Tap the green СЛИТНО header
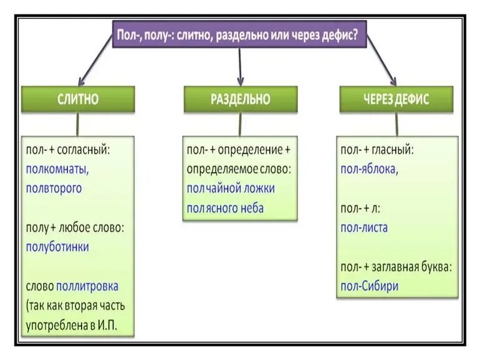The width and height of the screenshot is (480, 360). [78, 99]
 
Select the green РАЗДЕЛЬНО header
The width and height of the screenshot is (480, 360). [240, 99]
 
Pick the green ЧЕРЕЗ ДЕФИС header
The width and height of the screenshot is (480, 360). [396, 99]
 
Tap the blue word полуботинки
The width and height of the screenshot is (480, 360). [57, 246]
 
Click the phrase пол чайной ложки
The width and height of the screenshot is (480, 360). [231, 188]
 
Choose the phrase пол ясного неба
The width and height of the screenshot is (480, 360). [225, 208]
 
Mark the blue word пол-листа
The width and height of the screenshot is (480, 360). [364, 228]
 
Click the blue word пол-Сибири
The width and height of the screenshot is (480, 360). [369, 286]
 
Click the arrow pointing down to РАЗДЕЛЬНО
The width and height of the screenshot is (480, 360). [240, 65]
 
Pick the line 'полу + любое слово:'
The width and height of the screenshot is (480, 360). [75, 228]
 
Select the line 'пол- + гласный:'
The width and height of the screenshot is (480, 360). [377, 150]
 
